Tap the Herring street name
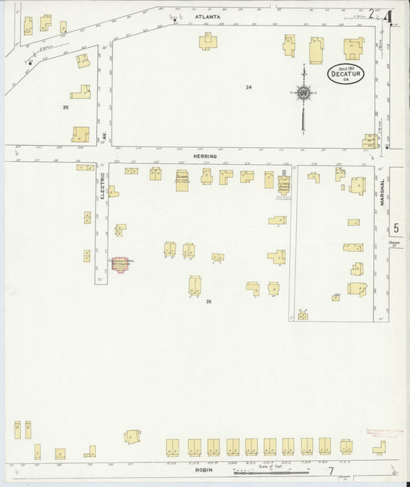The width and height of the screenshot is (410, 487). (x=205, y=156)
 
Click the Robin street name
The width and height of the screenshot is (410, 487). (x=204, y=469)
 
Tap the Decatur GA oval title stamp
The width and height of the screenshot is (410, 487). (x=345, y=74)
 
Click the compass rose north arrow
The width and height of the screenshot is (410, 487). (x=304, y=94)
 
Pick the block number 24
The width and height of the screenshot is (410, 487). (x=248, y=87)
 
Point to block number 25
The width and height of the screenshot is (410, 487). (x=65, y=107)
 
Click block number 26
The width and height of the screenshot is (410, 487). (x=208, y=301)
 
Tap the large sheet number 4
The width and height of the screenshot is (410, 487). (x=389, y=15)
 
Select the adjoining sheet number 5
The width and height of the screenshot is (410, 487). (x=396, y=228)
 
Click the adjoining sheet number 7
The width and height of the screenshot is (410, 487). (x=331, y=471)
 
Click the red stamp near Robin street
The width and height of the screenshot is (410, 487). (x=381, y=432)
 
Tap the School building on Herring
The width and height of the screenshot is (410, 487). (x=182, y=180)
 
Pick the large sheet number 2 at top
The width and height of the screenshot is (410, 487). (x=372, y=13)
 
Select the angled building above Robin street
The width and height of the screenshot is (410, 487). (x=132, y=436)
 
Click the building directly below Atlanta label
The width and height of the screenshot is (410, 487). (x=208, y=41)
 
